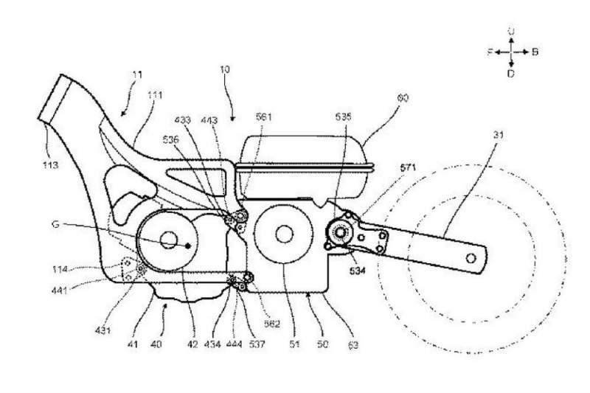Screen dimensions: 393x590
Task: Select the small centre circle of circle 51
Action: click(282, 234)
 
